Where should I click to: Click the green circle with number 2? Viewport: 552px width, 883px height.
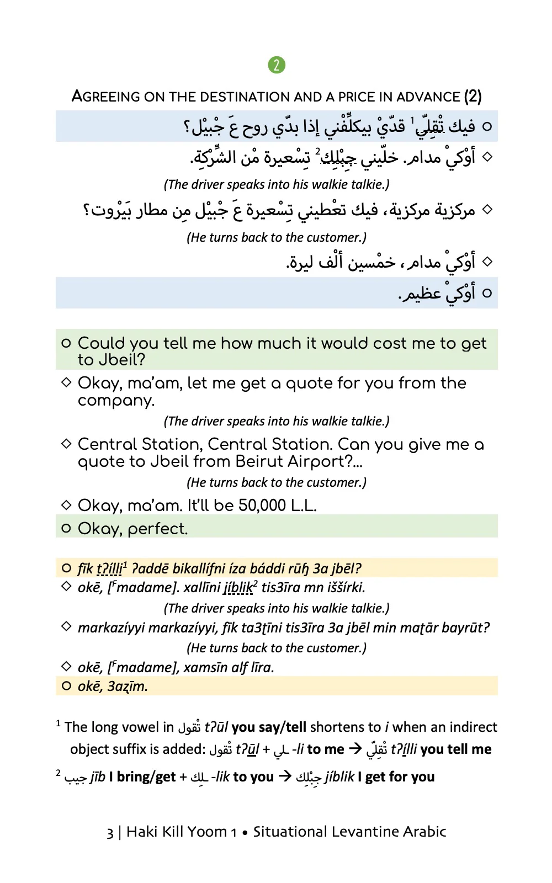pyautogui.click(x=277, y=65)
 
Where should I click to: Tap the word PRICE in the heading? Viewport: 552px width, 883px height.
pyautogui.click(x=357, y=97)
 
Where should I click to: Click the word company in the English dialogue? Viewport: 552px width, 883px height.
pyautogui.click(x=115, y=401)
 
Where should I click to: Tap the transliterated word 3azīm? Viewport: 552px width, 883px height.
pyautogui.click(x=128, y=686)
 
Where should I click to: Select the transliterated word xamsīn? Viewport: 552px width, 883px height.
pyautogui.click(x=205, y=667)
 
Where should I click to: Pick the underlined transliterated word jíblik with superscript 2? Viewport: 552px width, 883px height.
pyautogui.click(x=238, y=588)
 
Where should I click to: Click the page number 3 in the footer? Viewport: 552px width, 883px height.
pyautogui.click(x=110, y=832)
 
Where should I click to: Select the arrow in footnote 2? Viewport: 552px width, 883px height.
pyautogui.click(x=285, y=776)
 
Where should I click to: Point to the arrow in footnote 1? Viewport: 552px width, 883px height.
pyautogui.click(x=356, y=749)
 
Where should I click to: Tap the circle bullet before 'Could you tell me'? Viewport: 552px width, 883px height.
pyautogui.click(x=66, y=343)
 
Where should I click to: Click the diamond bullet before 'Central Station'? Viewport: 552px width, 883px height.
pyautogui.click(x=66, y=443)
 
